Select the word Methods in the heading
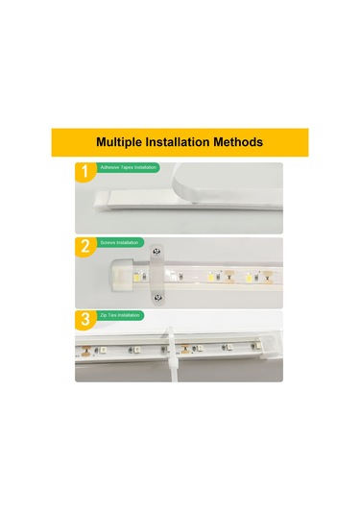point(239,142)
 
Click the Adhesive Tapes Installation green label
point(128,168)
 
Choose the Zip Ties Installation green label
point(120,315)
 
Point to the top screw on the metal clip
point(157,259)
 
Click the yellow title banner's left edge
point(54,142)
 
